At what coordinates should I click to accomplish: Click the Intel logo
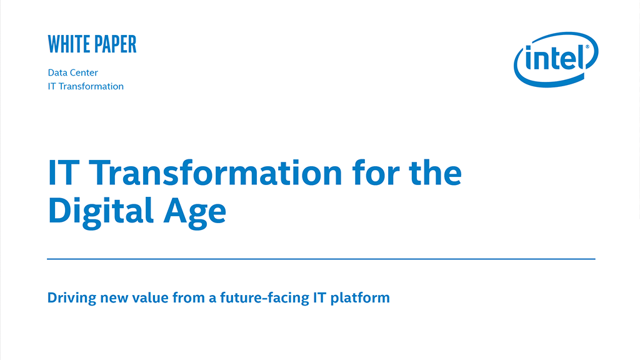[x=556, y=59]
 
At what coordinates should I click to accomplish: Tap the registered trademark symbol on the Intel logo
[x=587, y=47]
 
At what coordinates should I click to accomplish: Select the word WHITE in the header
[x=69, y=44]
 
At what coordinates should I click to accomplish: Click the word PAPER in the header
[x=116, y=44]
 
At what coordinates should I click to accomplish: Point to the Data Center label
[x=73, y=72]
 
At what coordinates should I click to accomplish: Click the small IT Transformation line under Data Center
[x=86, y=86]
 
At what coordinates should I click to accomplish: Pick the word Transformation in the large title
[x=215, y=173]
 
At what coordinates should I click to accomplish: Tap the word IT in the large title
[x=63, y=173]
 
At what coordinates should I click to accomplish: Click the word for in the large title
[x=376, y=173]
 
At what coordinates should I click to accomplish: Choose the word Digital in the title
[x=101, y=211]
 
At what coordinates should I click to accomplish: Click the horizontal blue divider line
[x=321, y=259]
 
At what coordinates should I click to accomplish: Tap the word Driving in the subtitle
[x=72, y=298]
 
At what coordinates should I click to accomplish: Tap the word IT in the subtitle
[x=320, y=298]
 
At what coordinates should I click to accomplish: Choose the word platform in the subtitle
[x=360, y=298]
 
